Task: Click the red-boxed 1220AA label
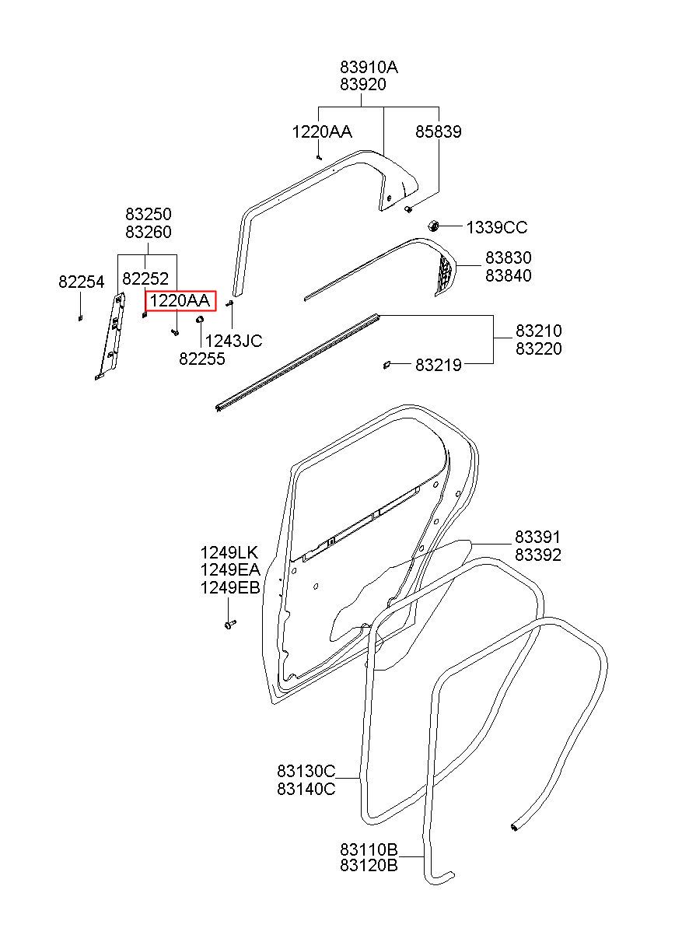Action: pyautogui.click(x=180, y=301)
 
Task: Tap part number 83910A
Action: pyautogui.click(x=369, y=67)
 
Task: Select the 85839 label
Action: pyautogui.click(x=439, y=131)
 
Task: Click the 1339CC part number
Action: pyautogui.click(x=496, y=227)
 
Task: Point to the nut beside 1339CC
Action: pyautogui.click(x=433, y=226)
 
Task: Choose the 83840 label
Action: pyautogui.click(x=509, y=275)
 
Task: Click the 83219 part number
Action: pyautogui.click(x=439, y=365)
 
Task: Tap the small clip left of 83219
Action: pyautogui.click(x=386, y=365)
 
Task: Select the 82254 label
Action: pyautogui.click(x=82, y=282)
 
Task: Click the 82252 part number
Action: pyautogui.click(x=145, y=278)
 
